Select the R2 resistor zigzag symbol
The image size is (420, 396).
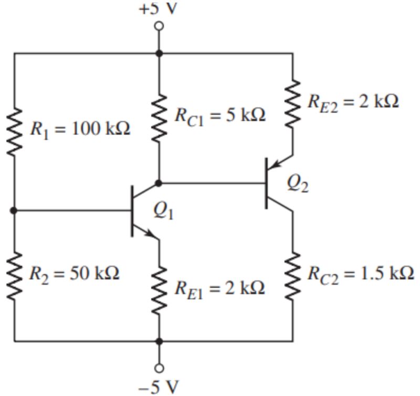pos(15,274)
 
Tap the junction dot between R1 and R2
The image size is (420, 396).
pos(15,211)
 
